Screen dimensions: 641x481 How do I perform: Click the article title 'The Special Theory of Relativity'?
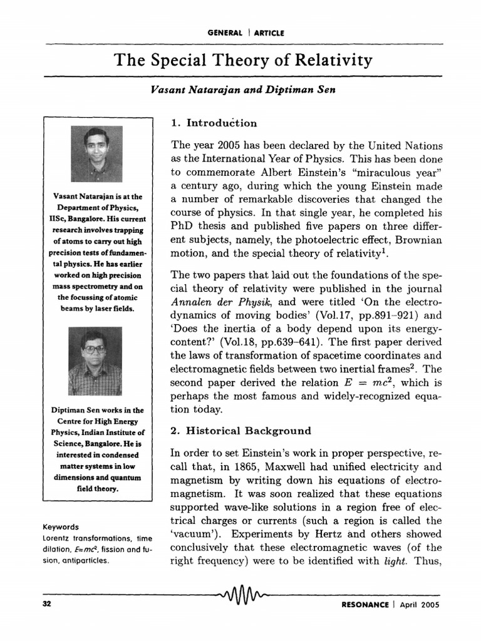coord(242,61)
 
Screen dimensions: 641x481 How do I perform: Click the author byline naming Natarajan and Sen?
coord(243,90)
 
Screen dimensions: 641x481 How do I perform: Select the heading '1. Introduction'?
coord(214,123)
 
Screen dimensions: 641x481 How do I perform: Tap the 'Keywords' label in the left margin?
coord(61,526)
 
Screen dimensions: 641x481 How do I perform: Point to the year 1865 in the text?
coord(258,467)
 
